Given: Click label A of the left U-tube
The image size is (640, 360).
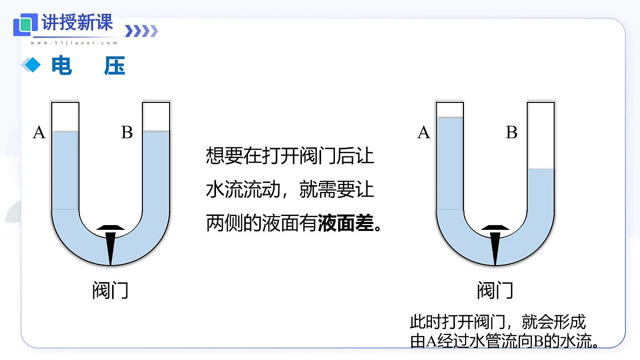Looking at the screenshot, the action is click(x=39, y=132).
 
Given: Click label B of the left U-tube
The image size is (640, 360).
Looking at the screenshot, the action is click(x=127, y=132).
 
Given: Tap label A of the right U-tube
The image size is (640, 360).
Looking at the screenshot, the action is click(x=423, y=132).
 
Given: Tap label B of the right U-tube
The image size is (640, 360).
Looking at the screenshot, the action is click(x=511, y=132).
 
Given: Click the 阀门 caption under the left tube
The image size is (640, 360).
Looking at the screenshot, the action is click(x=110, y=290).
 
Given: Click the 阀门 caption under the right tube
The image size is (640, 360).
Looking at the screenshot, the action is click(x=495, y=290).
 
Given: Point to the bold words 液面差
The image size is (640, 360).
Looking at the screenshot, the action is click(x=346, y=223).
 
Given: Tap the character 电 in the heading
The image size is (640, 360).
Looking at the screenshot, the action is click(x=61, y=66).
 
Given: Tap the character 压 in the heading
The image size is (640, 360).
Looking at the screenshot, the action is click(x=115, y=66).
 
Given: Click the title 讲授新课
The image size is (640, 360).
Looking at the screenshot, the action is click(x=77, y=22).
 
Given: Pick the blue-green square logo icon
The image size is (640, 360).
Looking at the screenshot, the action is click(x=26, y=25).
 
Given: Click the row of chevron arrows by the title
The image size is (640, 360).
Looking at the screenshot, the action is click(x=141, y=31).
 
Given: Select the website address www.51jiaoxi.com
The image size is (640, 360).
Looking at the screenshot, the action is click(x=74, y=43).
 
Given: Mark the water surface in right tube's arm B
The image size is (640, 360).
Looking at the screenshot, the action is click(x=541, y=169).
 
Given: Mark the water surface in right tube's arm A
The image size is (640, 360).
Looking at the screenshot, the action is click(x=450, y=117).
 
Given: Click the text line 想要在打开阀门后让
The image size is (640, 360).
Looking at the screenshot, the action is click(x=290, y=156).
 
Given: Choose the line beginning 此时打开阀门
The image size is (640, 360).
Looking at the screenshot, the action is click(x=498, y=322).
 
